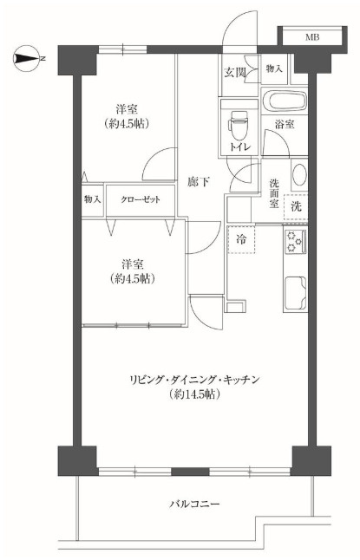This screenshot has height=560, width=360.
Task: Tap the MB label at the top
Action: [311, 38]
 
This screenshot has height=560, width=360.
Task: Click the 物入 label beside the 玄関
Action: [273, 68]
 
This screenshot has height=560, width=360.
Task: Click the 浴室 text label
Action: [285, 126]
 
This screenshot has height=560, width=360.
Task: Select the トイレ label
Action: [239, 148]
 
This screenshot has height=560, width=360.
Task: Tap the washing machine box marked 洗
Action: [297, 207]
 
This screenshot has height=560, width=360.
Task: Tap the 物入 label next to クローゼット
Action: [92, 199]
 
